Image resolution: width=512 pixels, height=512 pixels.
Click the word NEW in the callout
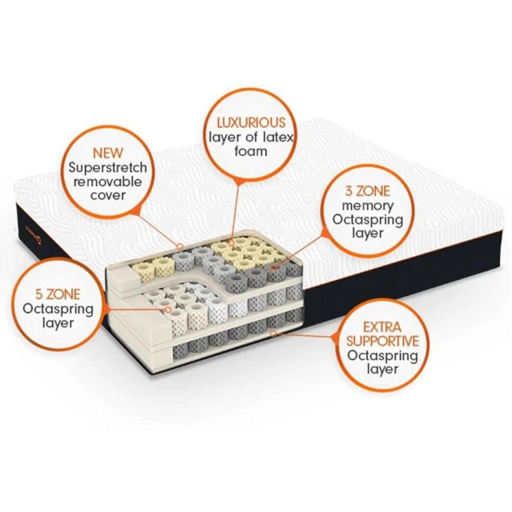click(108, 153)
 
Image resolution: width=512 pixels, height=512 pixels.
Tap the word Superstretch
click(108, 168)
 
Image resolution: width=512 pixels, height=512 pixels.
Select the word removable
click(108, 182)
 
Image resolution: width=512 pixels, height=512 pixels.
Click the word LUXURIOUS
click(251, 123)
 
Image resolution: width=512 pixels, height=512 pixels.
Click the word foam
click(250, 151)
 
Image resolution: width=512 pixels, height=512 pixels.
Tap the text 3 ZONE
click(367, 191)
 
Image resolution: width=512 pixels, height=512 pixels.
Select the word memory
click(368, 207)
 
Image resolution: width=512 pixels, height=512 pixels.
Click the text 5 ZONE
click(58, 294)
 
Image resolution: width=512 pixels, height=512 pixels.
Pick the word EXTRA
click(382, 326)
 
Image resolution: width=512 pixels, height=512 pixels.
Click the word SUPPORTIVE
click(382, 341)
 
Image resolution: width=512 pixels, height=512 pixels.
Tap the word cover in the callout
click(108, 196)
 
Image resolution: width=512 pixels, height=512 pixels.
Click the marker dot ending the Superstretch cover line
click(180, 246)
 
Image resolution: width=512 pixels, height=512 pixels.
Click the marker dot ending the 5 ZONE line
click(168, 309)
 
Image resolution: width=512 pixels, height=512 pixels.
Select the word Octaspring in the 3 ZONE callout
click(368, 220)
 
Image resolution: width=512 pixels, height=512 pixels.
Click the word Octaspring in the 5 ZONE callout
click(58, 310)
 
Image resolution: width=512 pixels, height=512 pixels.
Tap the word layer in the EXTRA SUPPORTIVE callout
click(382, 369)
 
